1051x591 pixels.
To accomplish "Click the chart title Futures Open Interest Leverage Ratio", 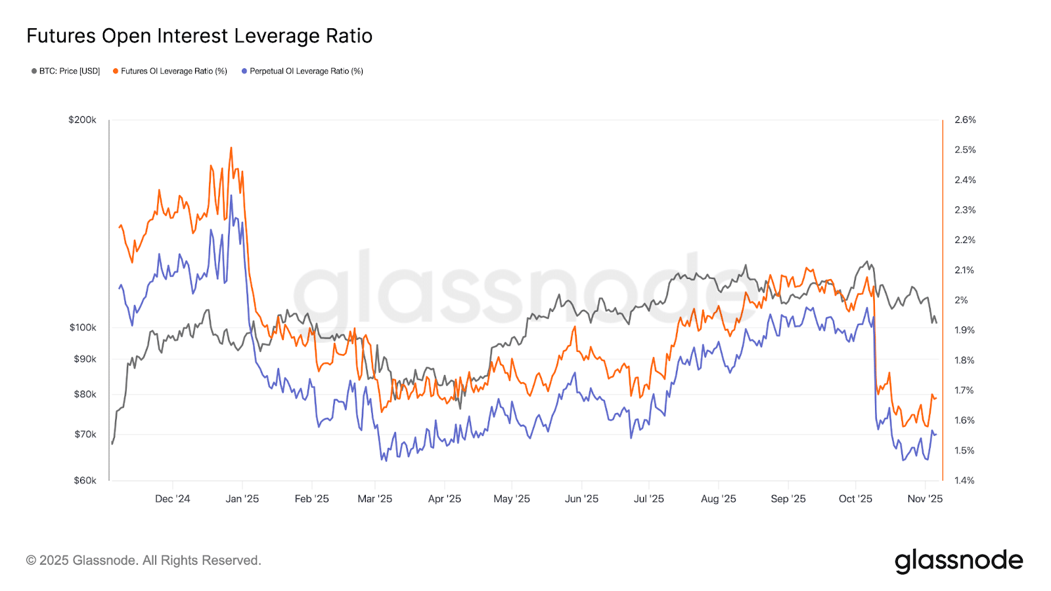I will tap(199, 36).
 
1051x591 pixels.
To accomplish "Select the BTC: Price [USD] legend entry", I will tap(66, 71).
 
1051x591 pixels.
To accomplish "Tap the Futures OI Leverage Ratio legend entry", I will tap(170, 71).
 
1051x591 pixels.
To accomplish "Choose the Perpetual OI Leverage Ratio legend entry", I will tap(303, 71).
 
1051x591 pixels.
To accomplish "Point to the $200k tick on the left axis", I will tap(83, 120).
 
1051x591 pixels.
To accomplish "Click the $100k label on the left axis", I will tap(83, 328).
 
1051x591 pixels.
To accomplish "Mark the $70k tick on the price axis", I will tap(85, 435).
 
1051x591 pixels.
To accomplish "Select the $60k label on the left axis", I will tap(85, 481).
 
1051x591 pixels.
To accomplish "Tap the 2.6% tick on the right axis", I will tap(965, 120).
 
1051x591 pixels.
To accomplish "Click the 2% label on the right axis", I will tap(961, 300).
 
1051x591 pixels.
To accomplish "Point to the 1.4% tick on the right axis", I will tap(965, 481).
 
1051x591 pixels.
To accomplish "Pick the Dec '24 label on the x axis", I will tap(172, 499).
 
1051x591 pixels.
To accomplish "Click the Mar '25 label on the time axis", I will tap(374, 499).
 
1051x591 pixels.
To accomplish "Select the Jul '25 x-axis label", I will tap(648, 499).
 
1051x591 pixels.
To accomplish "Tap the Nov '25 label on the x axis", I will tap(925, 499).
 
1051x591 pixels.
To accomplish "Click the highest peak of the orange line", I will tap(231, 148).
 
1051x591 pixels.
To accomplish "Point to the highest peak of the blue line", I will tap(231, 196).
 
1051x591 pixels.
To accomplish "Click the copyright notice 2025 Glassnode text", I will tap(144, 561).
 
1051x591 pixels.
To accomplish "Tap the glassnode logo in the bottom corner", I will tap(958, 561).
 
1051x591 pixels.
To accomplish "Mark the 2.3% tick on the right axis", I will tap(965, 210).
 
